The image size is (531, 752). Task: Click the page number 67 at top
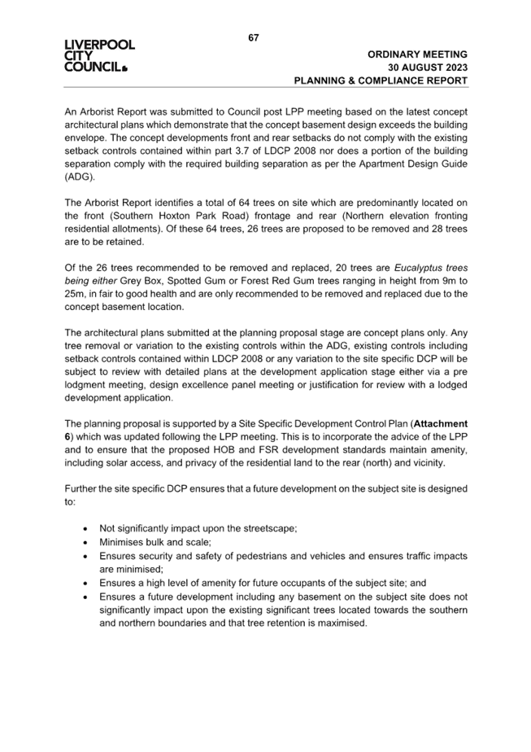(253, 37)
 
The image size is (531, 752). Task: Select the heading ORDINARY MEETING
(416, 54)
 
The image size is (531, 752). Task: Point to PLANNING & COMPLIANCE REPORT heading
(380, 81)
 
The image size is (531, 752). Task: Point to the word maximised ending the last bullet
(341, 623)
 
